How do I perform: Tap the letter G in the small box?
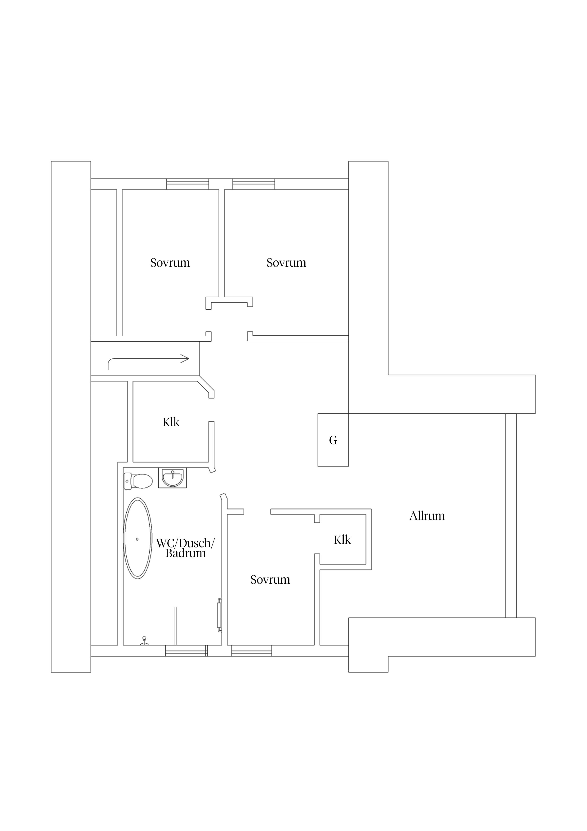pos(333,440)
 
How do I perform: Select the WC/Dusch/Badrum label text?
pos(186,548)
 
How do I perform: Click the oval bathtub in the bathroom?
pos(138,538)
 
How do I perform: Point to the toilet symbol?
pos(138,481)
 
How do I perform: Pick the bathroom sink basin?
pos(173,478)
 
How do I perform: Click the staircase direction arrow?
pos(148,359)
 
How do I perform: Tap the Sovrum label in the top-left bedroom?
pos(170,263)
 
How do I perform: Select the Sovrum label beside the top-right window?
pos(286,263)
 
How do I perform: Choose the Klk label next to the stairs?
pos(171,422)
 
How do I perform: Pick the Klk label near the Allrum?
pos(342,540)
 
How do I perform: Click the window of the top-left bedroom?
pos(187,184)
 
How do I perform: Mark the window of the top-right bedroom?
pos(253,184)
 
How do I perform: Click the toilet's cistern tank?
pos(127,481)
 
